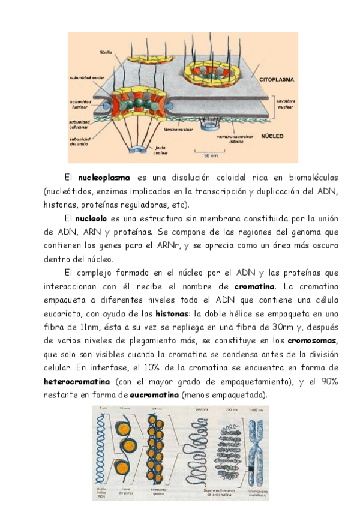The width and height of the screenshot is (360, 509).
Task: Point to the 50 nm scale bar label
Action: point(210,156)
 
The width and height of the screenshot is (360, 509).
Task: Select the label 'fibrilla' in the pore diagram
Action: point(106,53)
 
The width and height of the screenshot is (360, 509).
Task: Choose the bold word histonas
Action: point(172,313)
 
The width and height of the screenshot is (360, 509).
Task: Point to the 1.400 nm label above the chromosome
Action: point(254,409)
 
